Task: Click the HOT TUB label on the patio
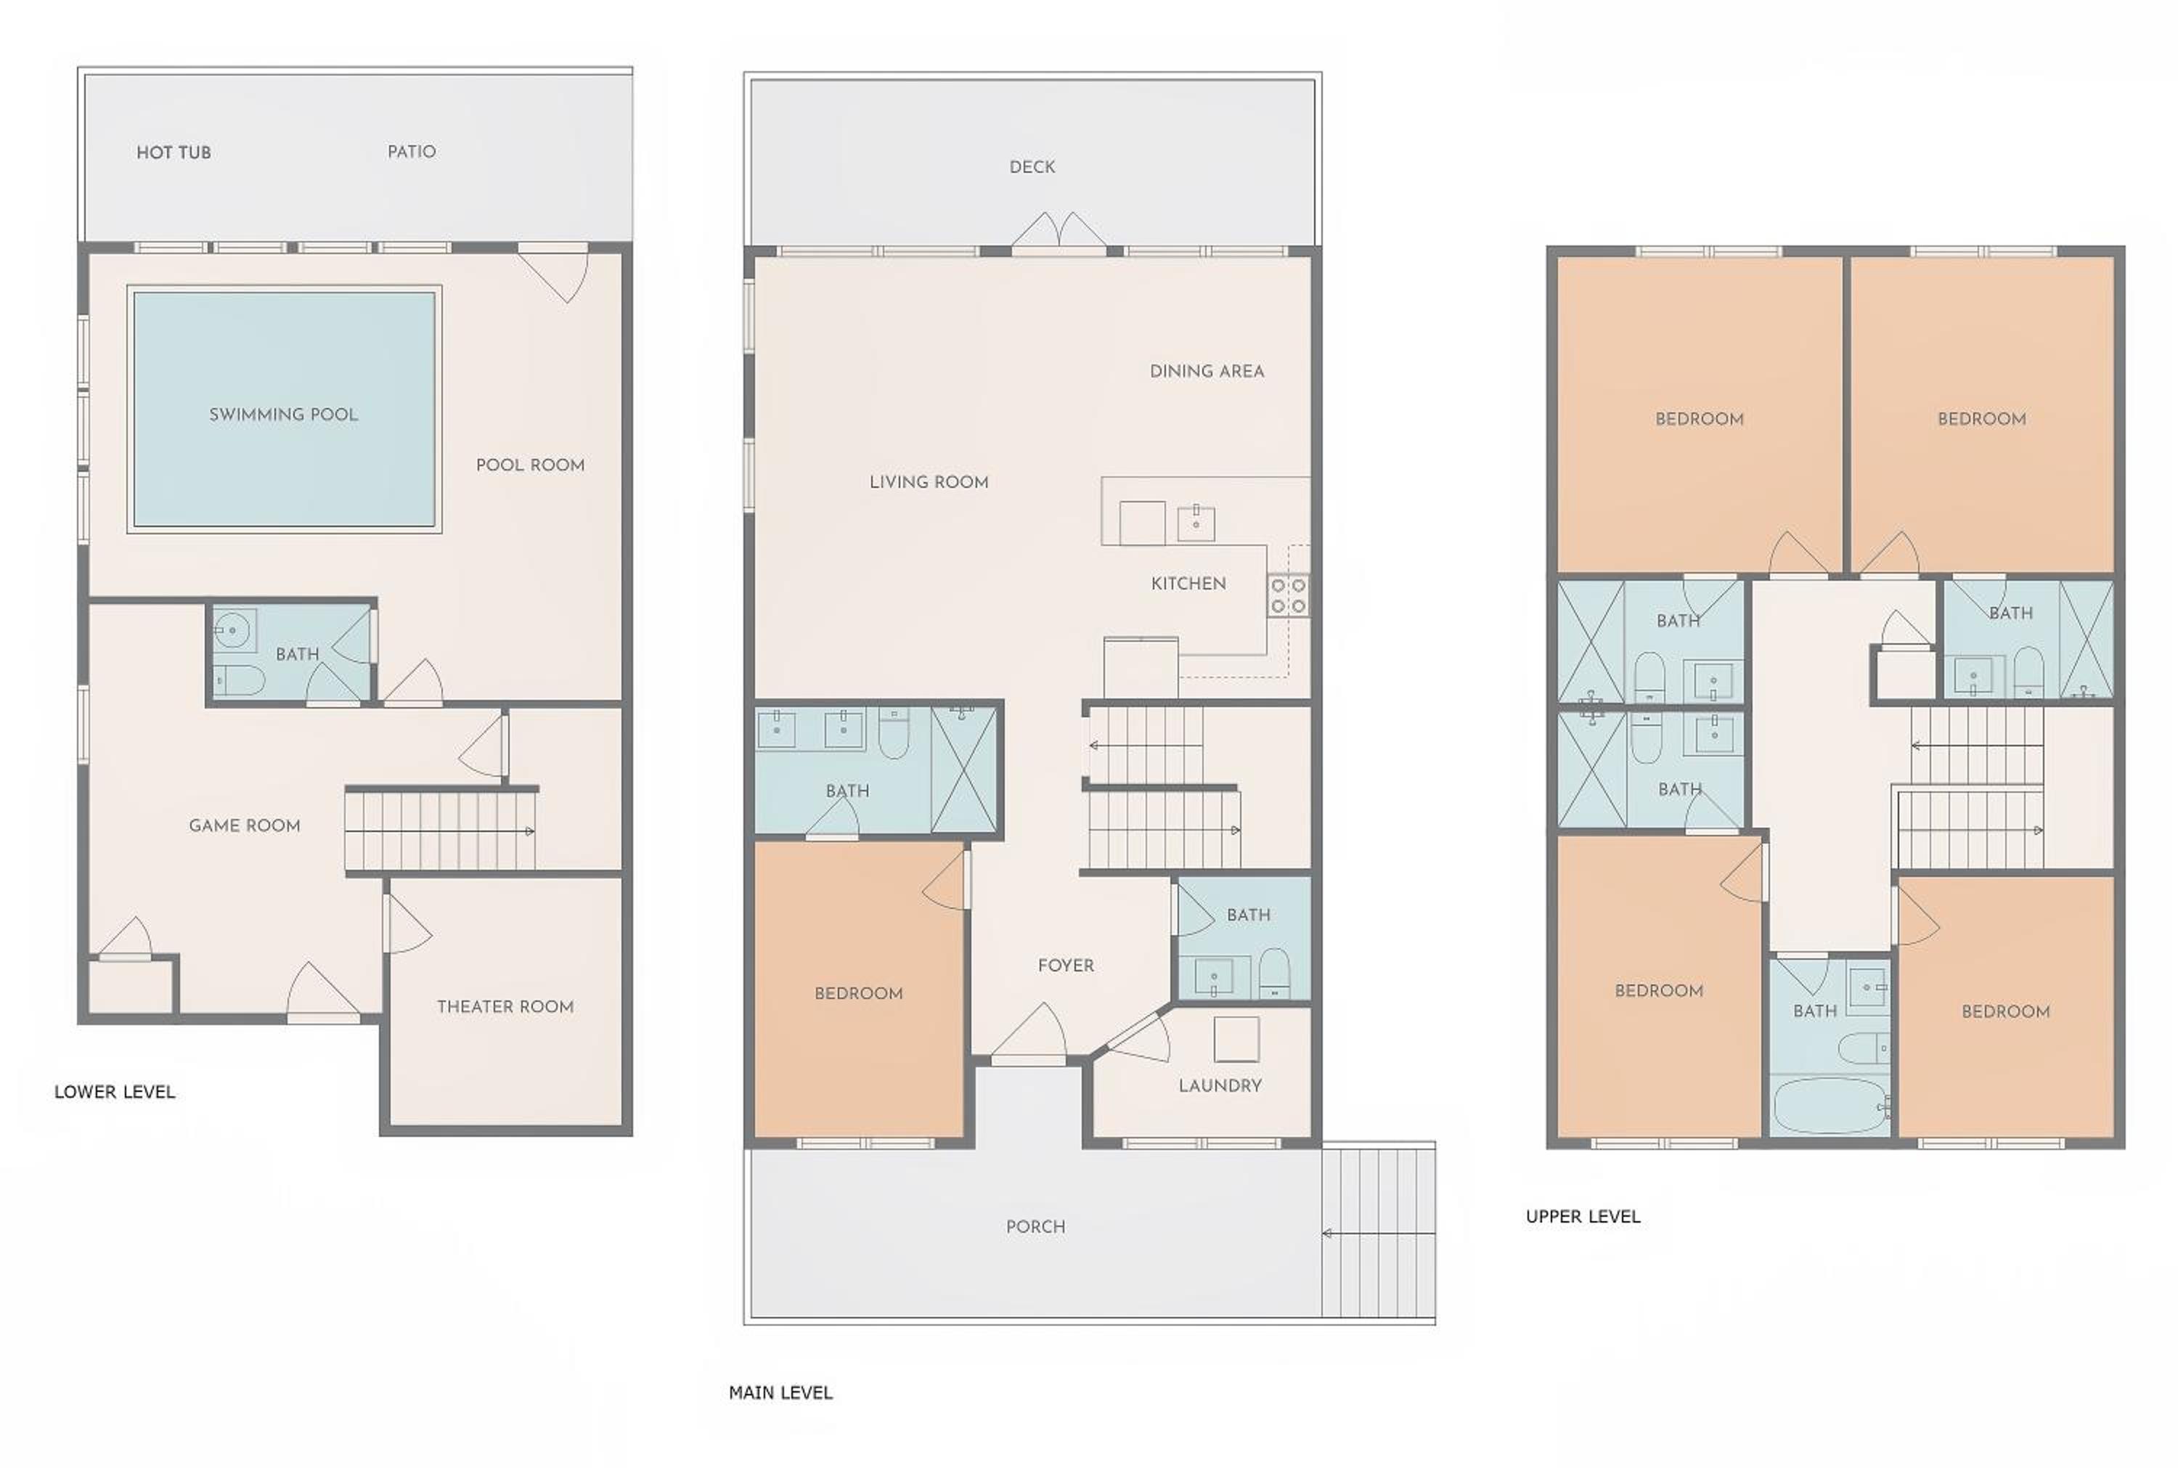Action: pyautogui.click(x=174, y=152)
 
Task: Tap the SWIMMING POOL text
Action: pyautogui.click(x=284, y=415)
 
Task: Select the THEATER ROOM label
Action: pyautogui.click(x=505, y=1006)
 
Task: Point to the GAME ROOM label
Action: pyautogui.click(x=244, y=825)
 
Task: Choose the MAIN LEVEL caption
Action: pyautogui.click(x=780, y=1393)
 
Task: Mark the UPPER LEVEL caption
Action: pyautogui.click(x=1583, y=1217)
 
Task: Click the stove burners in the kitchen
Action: pyautogui.click(x=1288, y=595)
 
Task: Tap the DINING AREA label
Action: pyautogui.click(x=1207, y=372)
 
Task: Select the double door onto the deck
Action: pyautogui.click(x=1059, y=234)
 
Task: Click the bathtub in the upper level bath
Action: pyautogui.click(x=1829, y=1106)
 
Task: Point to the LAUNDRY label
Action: pyautogui.click(x=1220, y=1086)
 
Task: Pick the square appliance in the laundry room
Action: pyautogui.click(x=1236, y=1039)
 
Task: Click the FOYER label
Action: pyautogui.click(x=1066, y=966)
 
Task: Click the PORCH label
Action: pyautogui.click(x=1035, y=1226)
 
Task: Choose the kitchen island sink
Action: pyautogui.click(x=1196, y=523)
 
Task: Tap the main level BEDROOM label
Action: pyautogui.click(x=858, y=993)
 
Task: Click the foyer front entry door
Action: pyautogui.click(x=1029, y=1035)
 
